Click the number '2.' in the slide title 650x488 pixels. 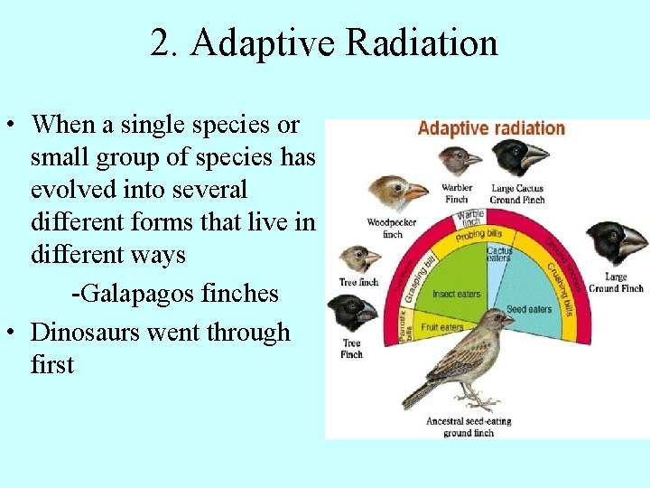(164, 43)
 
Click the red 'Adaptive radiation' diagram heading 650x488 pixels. (490, 128)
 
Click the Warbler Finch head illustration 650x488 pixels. (459, 162)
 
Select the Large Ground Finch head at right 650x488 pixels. (616, 242)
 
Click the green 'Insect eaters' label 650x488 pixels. (457, 294)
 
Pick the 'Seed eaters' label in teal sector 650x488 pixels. (528, 309)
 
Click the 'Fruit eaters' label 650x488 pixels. (441, 327)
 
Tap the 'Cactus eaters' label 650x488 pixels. (499, 254)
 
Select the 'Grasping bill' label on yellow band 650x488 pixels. (421, 274)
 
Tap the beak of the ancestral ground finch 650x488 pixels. (510, 320)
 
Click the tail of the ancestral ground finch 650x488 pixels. (417, 394)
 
